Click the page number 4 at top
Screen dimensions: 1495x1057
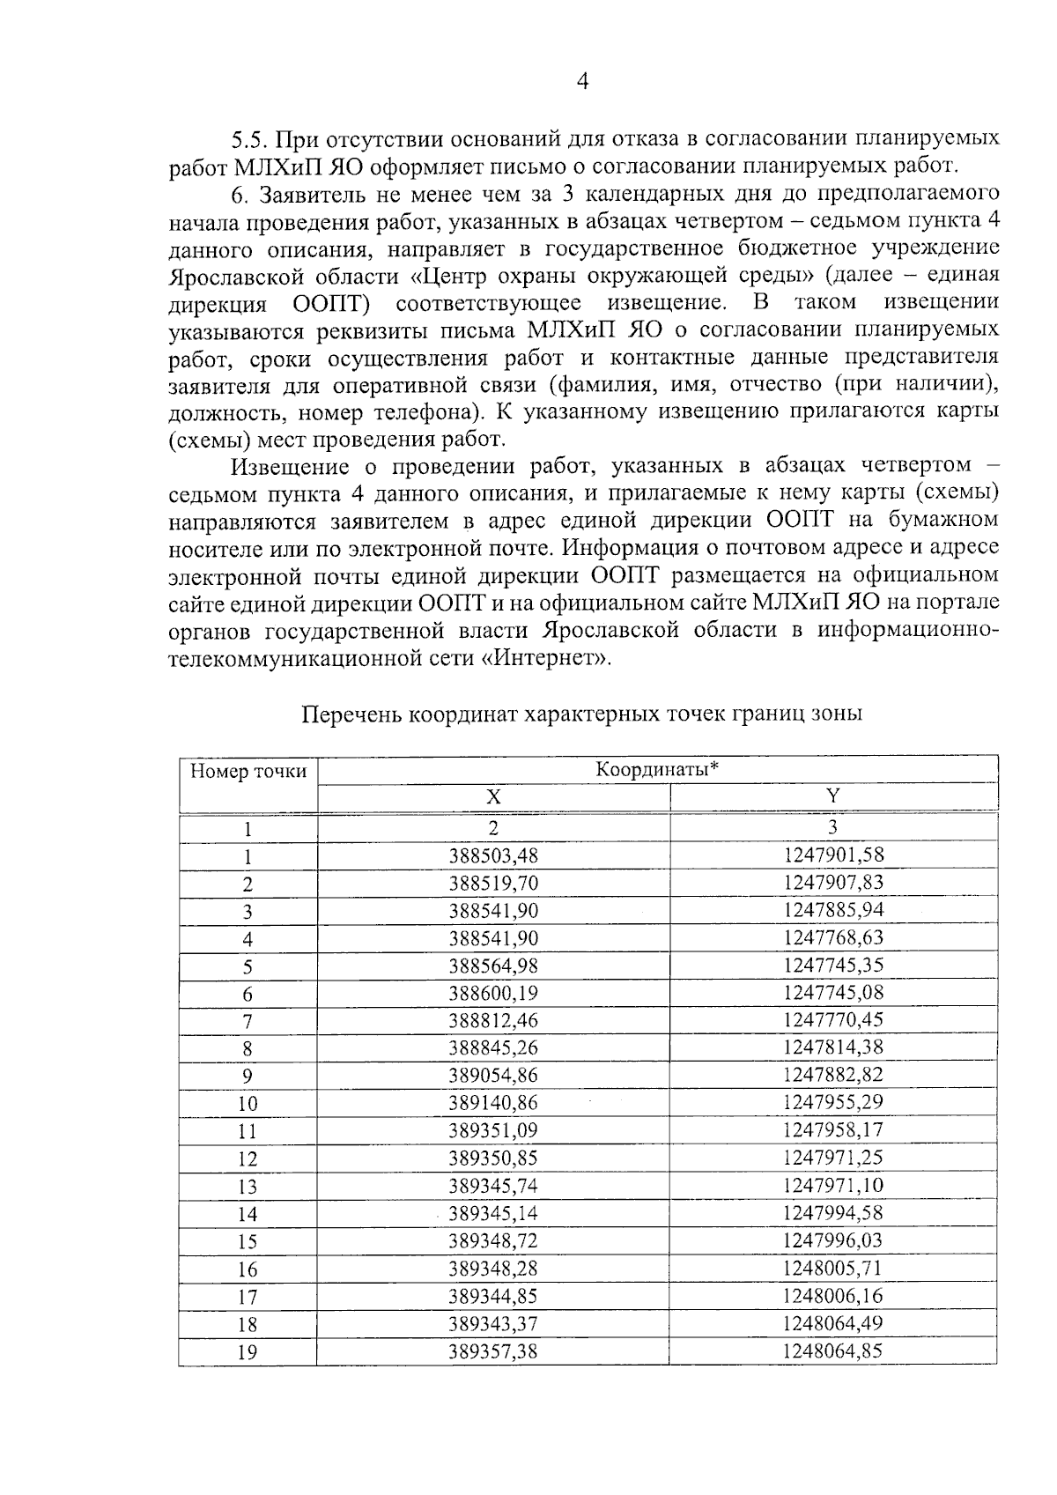pos(581,82)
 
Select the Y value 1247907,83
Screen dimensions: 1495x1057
pos(832,882)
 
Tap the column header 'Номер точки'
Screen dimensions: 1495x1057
pos(248,772)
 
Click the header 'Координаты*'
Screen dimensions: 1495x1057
pos(657,769)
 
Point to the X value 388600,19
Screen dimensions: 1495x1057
pos(493,993)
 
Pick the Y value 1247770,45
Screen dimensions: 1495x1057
pos(832,1020)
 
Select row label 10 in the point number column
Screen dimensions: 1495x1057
pos(248,1104)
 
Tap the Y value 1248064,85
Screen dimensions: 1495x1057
pos(832,1351)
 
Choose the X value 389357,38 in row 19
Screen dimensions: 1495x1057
pos(493,1351)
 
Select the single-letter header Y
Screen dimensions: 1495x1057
pos(832,796)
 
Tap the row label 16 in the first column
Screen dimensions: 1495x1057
pos(248,1269)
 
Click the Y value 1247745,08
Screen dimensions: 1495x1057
pos(832,993)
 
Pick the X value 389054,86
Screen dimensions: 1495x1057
pos(493,1076)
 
